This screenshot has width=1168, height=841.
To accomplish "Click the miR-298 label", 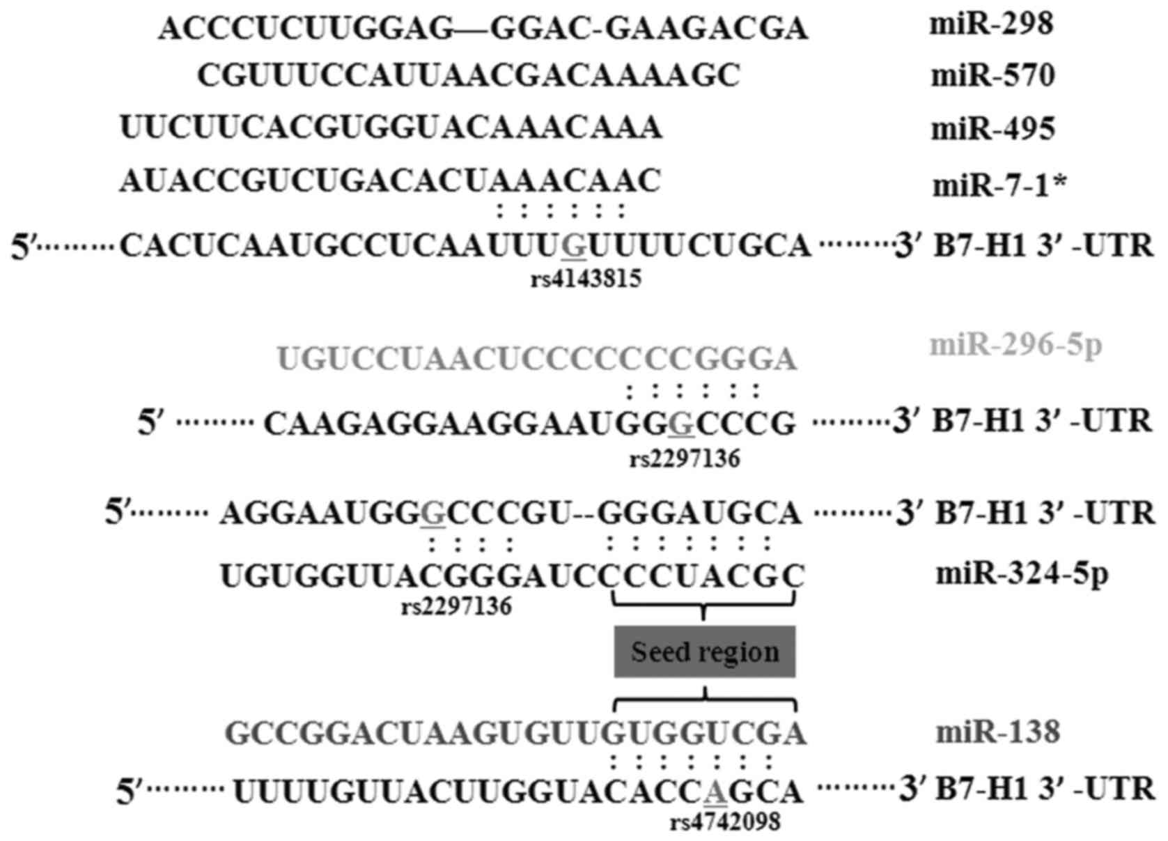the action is pos(992,26).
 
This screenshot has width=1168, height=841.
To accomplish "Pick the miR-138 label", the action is pos(998,732).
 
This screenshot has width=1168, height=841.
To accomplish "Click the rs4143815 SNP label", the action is pos(586,279).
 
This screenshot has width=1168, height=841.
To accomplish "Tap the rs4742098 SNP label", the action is pos(725,822).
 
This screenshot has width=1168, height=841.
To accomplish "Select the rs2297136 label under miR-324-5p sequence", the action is pos(456,606).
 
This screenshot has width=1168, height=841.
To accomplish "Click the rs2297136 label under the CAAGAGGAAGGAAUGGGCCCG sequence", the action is pos(685,459).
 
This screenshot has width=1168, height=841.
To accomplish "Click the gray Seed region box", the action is pos(704,652).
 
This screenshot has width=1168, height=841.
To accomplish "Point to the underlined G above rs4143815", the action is pos(574,245).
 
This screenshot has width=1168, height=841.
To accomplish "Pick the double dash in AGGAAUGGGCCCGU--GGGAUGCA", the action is pos(584,515).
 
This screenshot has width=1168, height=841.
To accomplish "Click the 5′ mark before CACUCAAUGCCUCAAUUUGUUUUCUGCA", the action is pos(24,247).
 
